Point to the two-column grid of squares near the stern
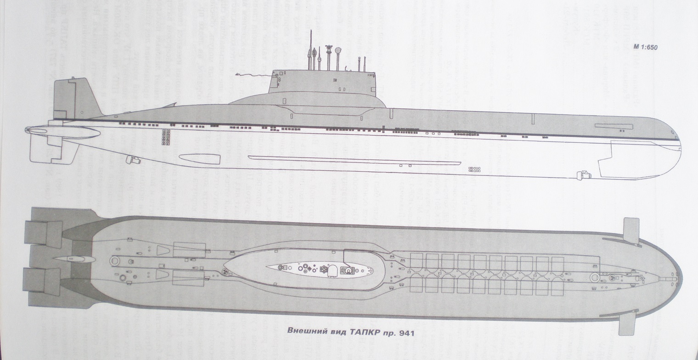pyautogui.click(x=166, y=135)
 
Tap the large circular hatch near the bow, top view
pyautogui.click(x=596, y=277)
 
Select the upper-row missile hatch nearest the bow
pyautogui.click(x=557, y=261)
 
